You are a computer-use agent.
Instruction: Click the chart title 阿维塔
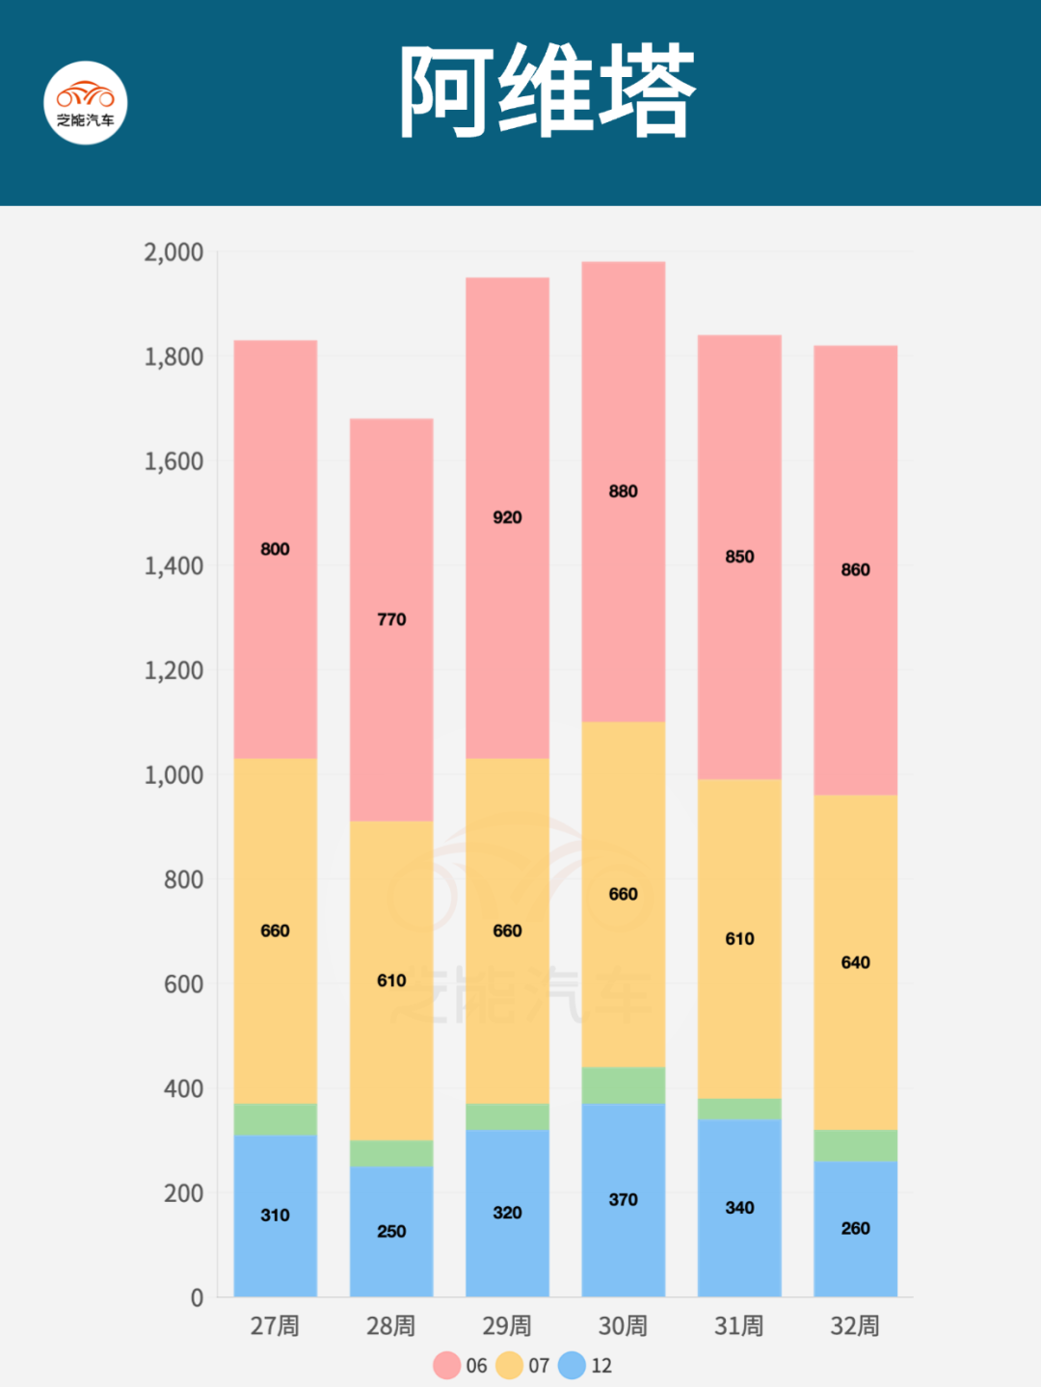(x=547, y=92)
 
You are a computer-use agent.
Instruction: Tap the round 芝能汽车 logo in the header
(x=86, y=103)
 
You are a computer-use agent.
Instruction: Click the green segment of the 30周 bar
(x=623, y=1085)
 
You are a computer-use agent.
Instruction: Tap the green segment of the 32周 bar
(x=855, y=1145)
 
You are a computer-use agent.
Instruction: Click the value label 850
(x=739, y=557)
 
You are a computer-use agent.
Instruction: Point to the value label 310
(x=275, y=1216)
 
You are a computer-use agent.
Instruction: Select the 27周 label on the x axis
(x=275, y=1326)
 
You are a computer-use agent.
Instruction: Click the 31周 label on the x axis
(x=739, y=1326)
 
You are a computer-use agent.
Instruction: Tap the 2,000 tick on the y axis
(x=173, y=252)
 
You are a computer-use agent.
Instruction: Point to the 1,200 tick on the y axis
(x=173, y=670)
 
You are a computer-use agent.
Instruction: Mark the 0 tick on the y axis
(x=197, y=1297)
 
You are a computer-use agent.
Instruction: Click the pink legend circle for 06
(x=446, y=1365)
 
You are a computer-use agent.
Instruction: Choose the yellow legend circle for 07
(x=509, y=1365)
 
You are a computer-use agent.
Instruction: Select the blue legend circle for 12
(x=572, y=1365)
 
